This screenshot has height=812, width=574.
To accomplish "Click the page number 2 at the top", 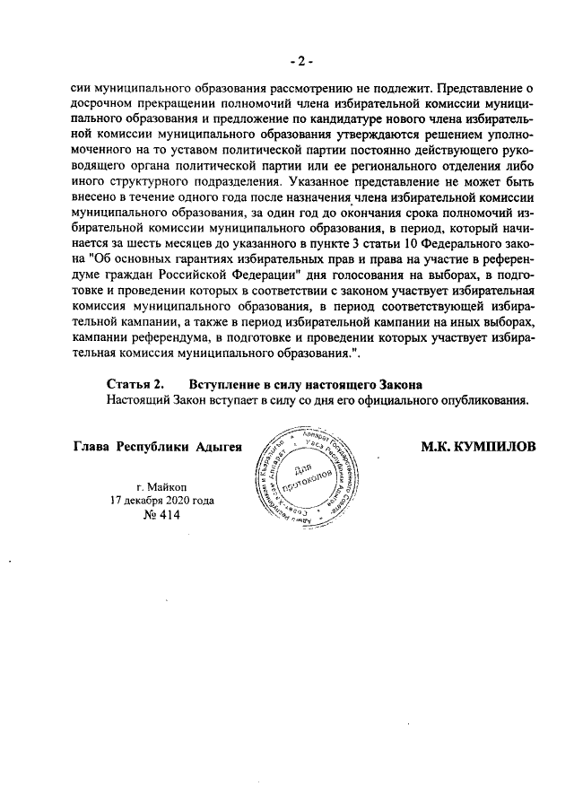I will [301, 61].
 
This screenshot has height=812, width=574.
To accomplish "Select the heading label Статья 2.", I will [135, 384].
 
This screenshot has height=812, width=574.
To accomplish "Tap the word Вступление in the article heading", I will [222, 384].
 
